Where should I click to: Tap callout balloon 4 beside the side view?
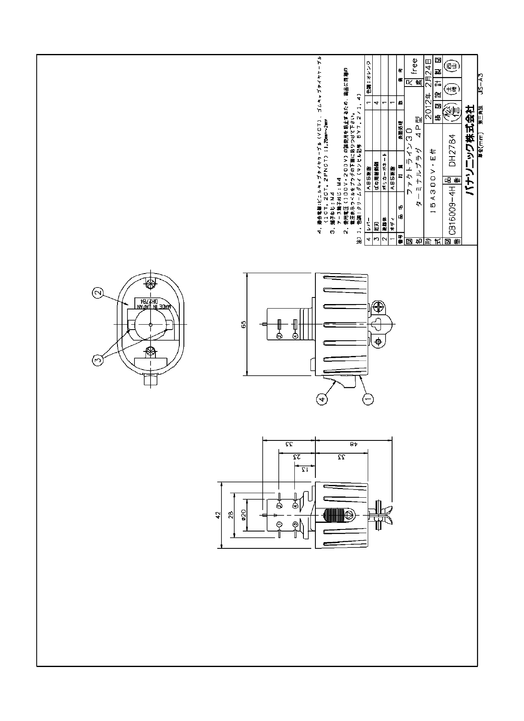click(322, 398)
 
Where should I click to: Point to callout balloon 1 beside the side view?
click(368, 398)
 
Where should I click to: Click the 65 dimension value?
click(244, 324)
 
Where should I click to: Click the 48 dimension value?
click(353, 445)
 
